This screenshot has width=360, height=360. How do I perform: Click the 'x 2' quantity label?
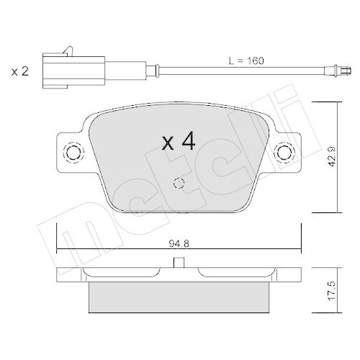(x=19, y=71)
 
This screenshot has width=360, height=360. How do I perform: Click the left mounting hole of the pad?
(x=73, y=152)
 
